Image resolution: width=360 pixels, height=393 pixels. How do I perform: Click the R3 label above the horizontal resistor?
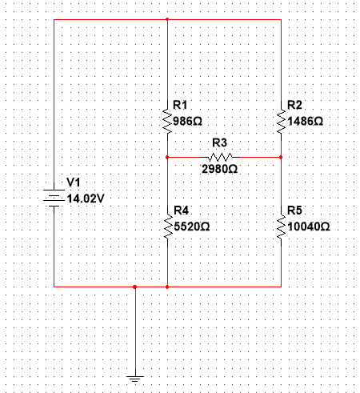219,142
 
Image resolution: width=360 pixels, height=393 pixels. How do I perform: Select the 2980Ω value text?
219,170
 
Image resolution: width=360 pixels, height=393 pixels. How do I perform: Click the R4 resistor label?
180,211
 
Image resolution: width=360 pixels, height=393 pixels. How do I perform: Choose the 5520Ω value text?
193,227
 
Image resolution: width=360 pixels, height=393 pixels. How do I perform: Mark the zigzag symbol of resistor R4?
167,226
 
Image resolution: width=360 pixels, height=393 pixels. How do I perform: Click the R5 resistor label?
294,211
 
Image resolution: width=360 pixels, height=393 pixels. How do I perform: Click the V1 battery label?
74,182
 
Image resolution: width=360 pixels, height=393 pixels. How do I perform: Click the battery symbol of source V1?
53,197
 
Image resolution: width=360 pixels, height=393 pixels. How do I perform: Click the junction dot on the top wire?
167,18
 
